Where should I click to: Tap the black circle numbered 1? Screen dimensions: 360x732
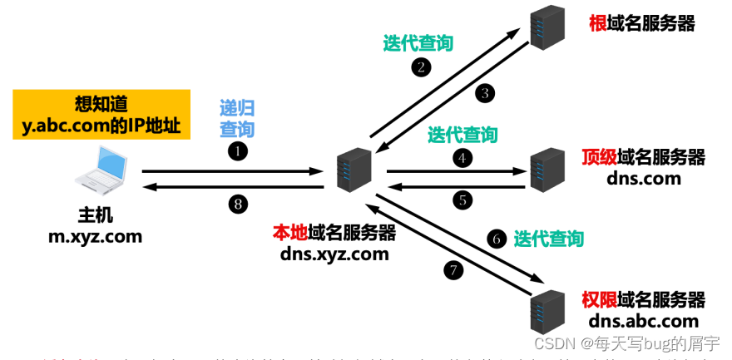click(239, 151)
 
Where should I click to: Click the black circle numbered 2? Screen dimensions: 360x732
click(423, 67)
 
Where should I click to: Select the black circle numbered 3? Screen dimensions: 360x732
click(485, 93)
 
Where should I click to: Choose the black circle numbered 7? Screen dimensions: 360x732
click(453, 269)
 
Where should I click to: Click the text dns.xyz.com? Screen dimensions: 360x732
click(334, 254)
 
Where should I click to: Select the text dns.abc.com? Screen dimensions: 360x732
click(643, 321)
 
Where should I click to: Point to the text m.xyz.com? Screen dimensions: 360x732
click(95, 236)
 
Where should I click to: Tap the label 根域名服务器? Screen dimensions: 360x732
click(641, 23)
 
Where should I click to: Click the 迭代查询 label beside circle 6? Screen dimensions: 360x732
click(548, 239)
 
